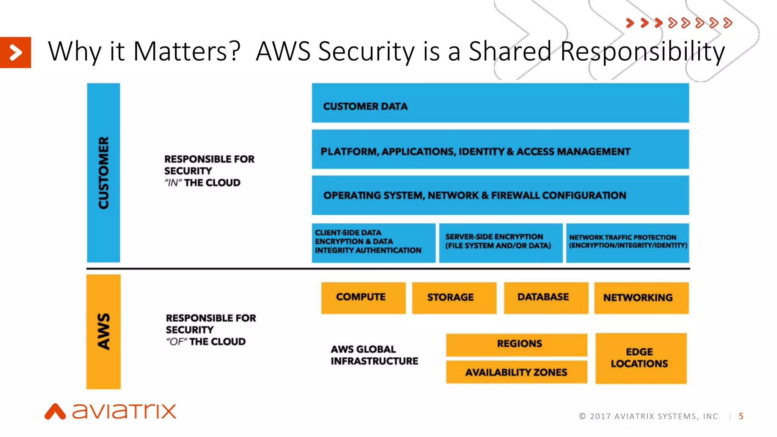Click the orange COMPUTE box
coord(363,298)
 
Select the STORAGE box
coord(454,298)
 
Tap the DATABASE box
coord(546,298)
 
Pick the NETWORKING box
coord(641,298)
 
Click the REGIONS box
coord(516,344)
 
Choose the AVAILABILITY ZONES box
coord(516,372)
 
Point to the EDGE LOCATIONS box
coord(640,358)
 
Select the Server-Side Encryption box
coord(500,242)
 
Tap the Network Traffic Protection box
coord(627,242)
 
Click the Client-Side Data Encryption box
coord(373,242)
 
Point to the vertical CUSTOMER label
coord(103,173)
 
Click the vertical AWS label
coord(103,332)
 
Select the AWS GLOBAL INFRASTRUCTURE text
coord(374,355)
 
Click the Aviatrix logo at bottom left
coord(110,412)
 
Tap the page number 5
coord(741,416)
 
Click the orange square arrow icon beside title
coord(15,52)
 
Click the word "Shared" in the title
coord(510,51)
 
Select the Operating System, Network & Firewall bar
coord(500,195)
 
